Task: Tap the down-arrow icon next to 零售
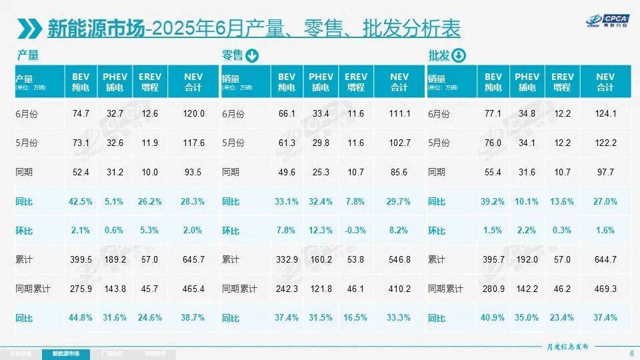click(253, 56)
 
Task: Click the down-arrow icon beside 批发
click(458, 56)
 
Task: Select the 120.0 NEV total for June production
click(193, 114)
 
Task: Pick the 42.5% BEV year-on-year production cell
click(81, 201)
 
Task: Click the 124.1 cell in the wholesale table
click(605, 114)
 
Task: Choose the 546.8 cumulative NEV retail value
click(399, 259)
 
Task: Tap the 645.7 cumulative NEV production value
click(193, 259)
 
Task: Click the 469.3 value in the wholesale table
click(605, 288)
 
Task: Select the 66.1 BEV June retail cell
click(287, 114)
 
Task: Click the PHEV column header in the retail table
click(321, 82)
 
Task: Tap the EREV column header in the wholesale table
click(562, 82)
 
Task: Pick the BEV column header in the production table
click(81, 82)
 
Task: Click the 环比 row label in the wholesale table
click(437, 231)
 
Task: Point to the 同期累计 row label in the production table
click(33, 289)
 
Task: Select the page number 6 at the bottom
click(631, 353)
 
